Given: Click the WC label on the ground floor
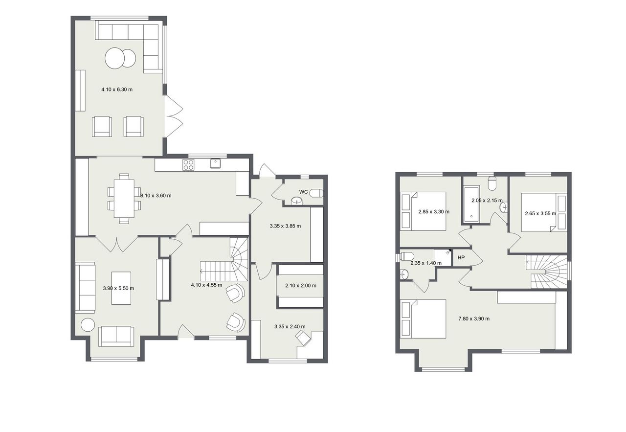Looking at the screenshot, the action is (x=303, y=192).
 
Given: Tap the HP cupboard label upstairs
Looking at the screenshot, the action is (x=461, y=257).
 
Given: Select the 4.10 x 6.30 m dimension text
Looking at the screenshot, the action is (x=117, y=90).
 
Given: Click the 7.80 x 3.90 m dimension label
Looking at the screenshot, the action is (x=474, y=318).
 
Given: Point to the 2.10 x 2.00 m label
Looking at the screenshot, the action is (x=301, y=286).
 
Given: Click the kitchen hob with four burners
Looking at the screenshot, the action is (x=188, y=164).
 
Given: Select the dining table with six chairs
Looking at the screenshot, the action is (x=124, y=199).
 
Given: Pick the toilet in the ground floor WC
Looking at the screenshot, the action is (x=317, y=193).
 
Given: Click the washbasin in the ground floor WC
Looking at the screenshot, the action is (x=296, y=201).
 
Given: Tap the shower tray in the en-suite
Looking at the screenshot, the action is (x=443, y=257).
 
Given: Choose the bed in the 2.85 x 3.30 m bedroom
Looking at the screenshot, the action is (x=423, y=211).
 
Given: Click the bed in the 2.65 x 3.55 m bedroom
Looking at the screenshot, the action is (x=544, y=212).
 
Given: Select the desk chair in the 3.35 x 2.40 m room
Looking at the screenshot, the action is (x=304, y=338).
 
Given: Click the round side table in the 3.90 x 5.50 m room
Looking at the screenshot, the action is (x=88, y=325).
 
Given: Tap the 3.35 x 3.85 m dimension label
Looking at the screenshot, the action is (x=285, y=226).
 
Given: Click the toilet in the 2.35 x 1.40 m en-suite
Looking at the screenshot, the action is (x=407, y=256).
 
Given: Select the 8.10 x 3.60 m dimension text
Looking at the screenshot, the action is (x=156, y=195).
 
